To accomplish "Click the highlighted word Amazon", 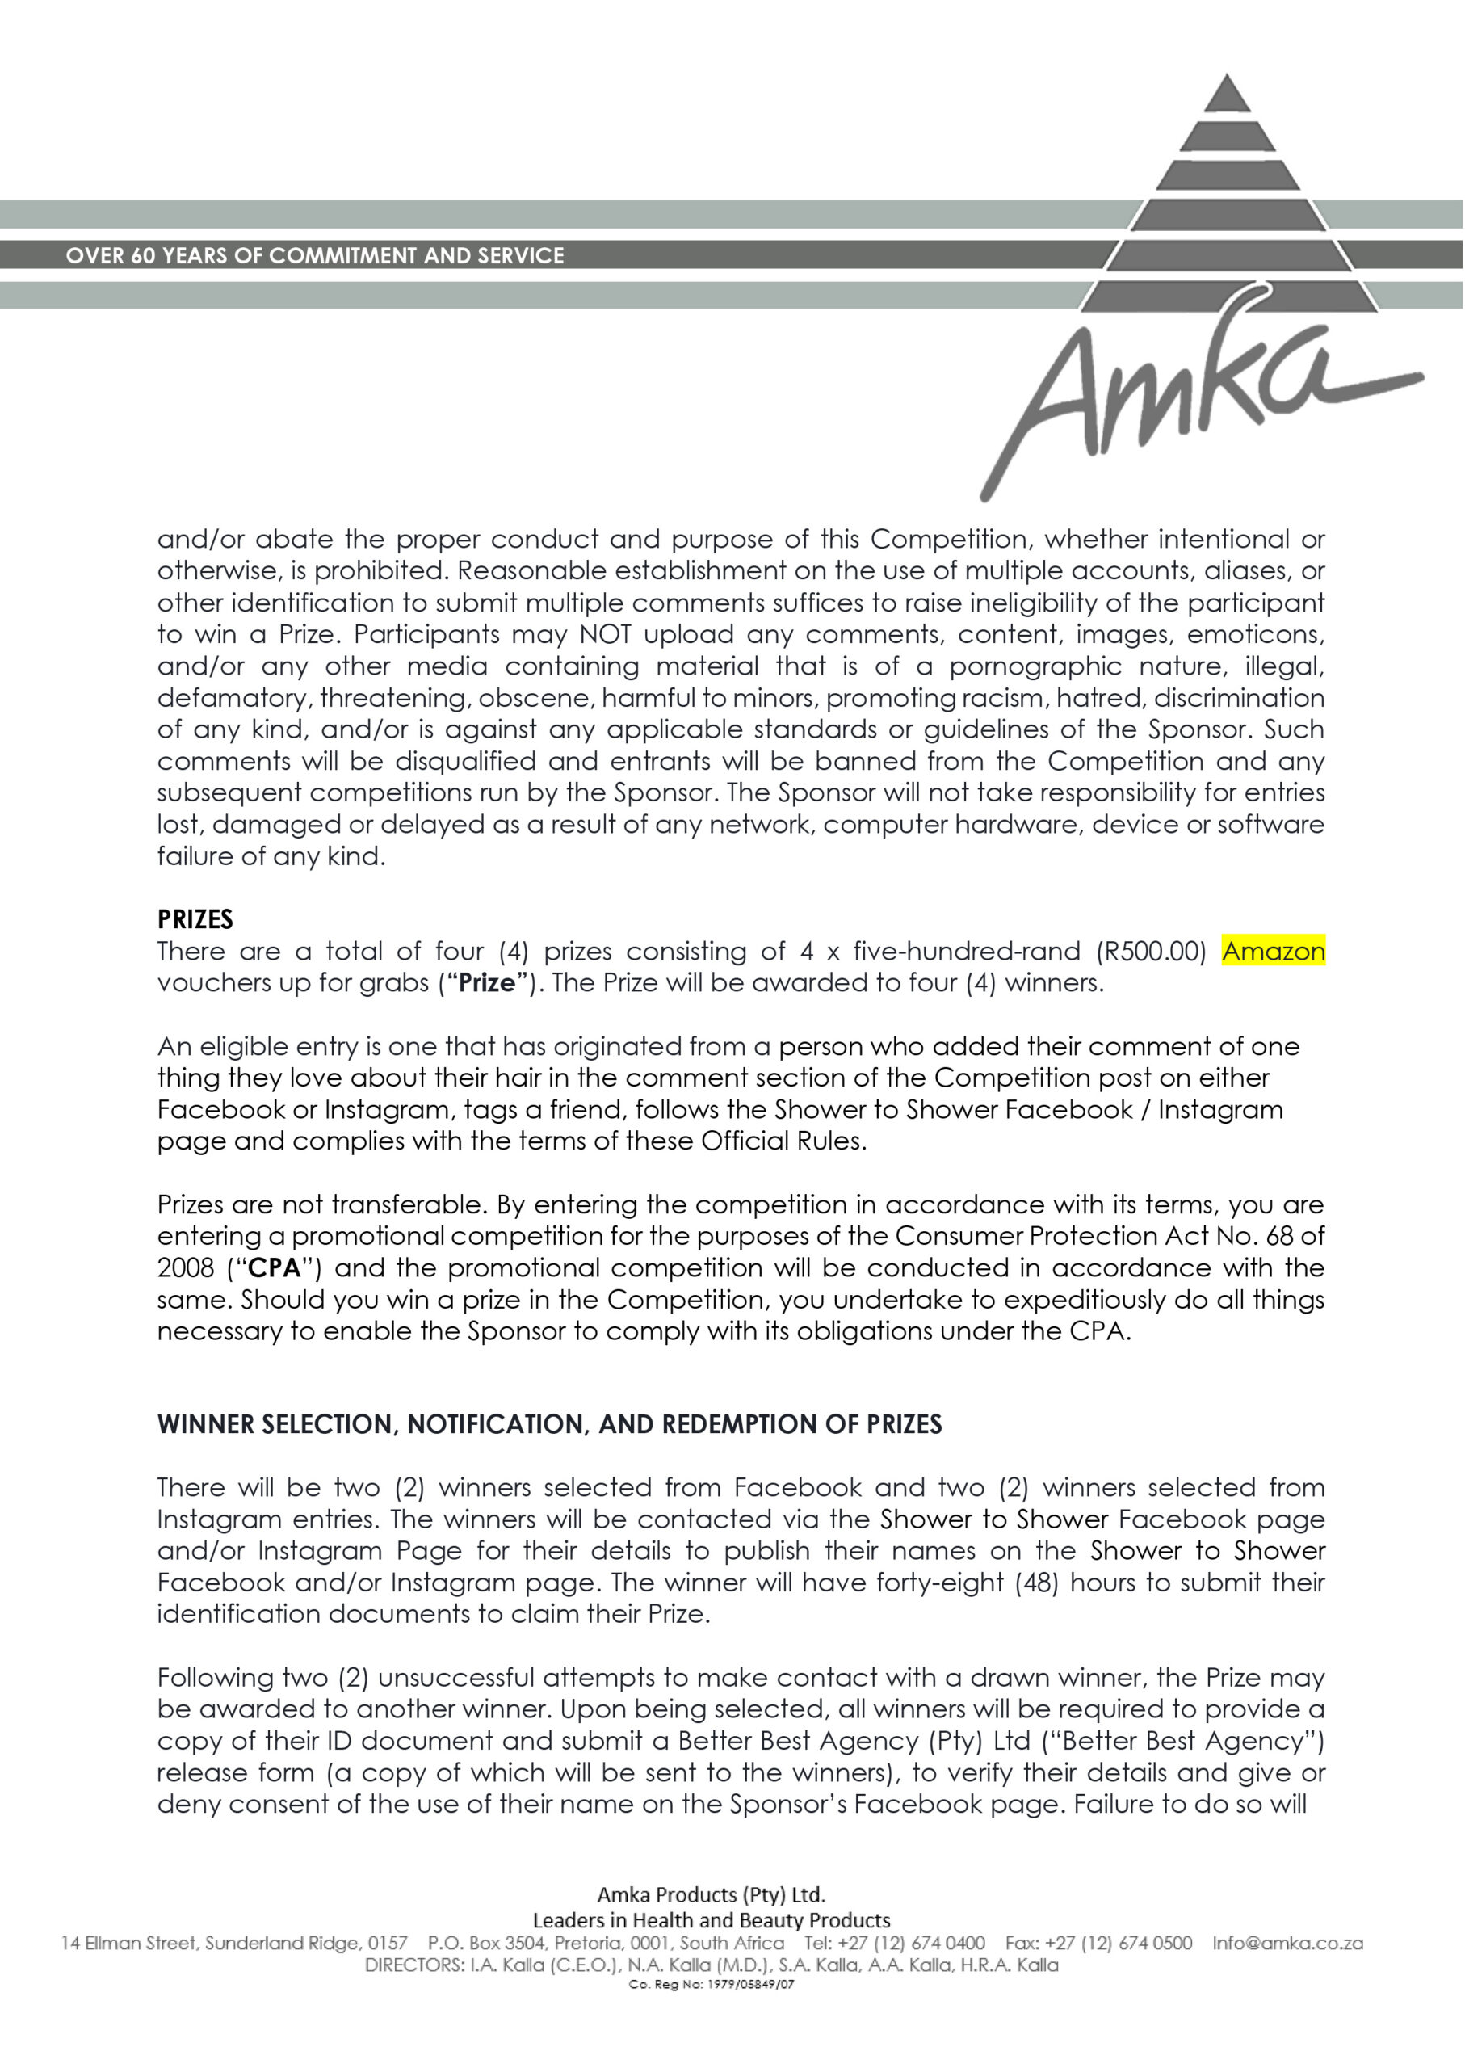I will (x=1273, y=951).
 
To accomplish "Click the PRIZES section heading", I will (x=195, y=919).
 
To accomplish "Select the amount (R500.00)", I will (x=1151, y=951).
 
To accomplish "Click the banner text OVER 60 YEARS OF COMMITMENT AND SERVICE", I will (x=315, y=255).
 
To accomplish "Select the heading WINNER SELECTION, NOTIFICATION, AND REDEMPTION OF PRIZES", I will (x=549, y=1425).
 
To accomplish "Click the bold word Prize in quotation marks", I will (x=487, y=982).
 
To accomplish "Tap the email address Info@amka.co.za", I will (x=1287, y=1943).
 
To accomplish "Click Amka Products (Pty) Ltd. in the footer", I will (x=712, y=1894).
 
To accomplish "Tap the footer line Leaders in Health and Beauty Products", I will (x=712, y=1920).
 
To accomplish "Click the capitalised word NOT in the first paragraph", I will (x=606, y=634).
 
